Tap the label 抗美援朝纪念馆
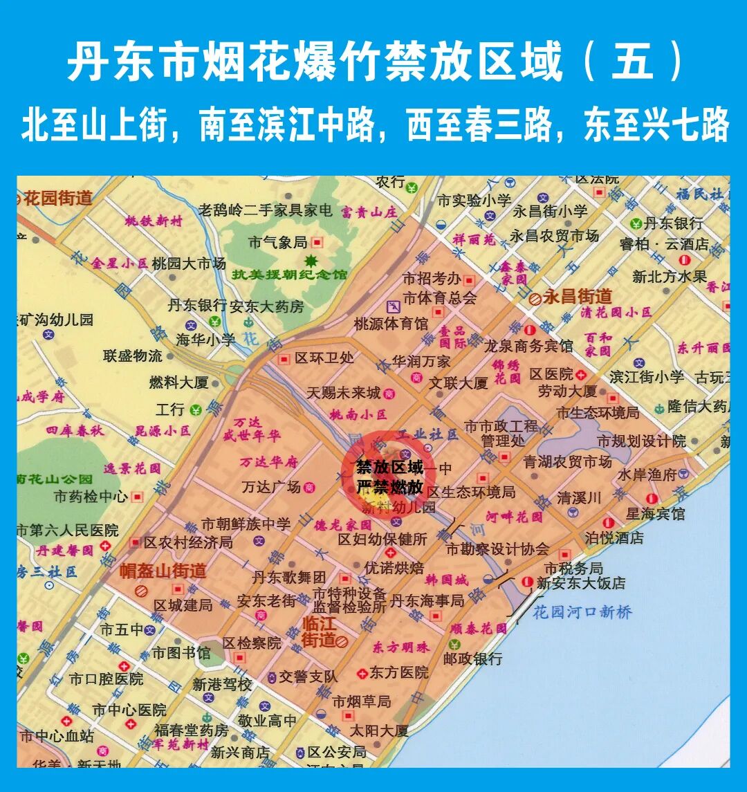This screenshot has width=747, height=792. click(290, 275)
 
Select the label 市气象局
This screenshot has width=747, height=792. click(277, 242)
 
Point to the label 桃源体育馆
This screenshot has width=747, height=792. click(391, 323)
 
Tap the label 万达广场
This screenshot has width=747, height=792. click(271, 487)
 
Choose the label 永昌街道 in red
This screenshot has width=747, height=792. click(578, 297)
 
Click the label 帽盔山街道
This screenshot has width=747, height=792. click(163, 571)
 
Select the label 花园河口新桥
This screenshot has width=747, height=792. click(582, 612)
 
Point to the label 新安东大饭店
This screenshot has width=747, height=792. click(581, 583)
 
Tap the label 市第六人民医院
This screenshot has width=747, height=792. click(67, 531)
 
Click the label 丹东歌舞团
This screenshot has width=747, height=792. click(288, 577)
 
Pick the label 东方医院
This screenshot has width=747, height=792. click(398, 672)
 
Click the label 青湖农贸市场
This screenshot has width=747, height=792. click(567, 461)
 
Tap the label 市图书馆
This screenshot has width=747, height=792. click(181, 652)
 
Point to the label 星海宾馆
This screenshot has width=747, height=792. click(655, 514)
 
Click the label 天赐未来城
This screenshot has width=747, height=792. click(344, 393)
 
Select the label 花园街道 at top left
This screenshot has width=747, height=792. click(57, 199)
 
